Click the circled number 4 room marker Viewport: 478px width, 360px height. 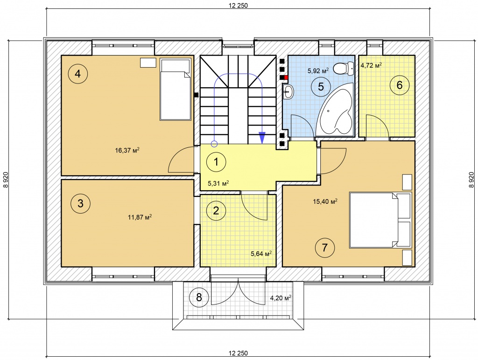point(78,73)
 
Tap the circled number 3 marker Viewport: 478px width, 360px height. point(80,203)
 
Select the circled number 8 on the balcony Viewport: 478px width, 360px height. point(199,297)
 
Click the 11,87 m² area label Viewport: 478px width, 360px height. point(140,217)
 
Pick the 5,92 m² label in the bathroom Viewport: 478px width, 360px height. point(318,71)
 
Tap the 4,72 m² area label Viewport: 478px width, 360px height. point(371,65)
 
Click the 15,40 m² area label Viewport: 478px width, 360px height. point(325,201)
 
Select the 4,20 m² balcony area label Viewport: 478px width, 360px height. point(281,298)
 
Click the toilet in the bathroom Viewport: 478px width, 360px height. point(343,68)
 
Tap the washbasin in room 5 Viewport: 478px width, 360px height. point(288,92)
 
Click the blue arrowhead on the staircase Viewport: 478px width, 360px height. point(262,138)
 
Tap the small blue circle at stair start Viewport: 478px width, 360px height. point(214,144)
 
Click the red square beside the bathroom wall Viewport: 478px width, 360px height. point(286,77)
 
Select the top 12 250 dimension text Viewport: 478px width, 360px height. point(238,5)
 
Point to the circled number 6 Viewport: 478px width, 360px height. point(400,85)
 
